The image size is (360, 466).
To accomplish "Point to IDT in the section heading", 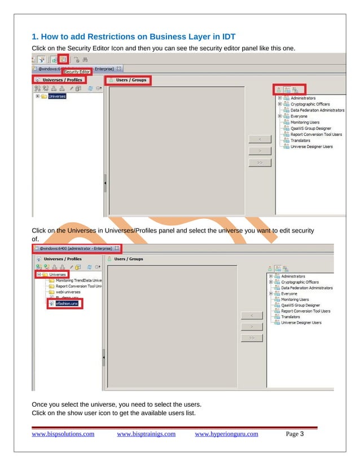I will (x=226, y=38).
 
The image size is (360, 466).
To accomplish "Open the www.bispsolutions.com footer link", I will (x=63, y=434).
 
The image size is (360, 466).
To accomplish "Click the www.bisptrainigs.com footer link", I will (x=146, y=434).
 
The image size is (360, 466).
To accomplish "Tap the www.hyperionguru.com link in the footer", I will (x=226, y=434).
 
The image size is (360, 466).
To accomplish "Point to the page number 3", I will (x=302, y=434).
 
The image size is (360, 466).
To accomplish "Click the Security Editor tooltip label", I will (x=76, y=72).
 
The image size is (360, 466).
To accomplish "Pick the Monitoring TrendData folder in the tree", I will (x=78, y=280).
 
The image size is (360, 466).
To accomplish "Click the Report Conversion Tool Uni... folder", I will (x=78, y=286).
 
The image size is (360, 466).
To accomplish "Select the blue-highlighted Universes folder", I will (x=57, y=96).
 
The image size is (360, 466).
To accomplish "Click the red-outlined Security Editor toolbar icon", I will (x=64, y=59).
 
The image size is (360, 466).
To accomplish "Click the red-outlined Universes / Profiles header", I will (x=59, y=80).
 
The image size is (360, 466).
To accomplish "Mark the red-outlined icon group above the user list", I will (x=288, y=89).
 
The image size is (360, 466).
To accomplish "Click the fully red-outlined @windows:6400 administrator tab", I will (x=77, y=248).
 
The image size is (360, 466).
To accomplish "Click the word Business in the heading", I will (x=164, y=38).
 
